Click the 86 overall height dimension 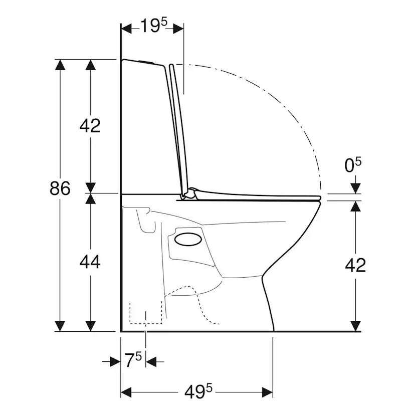60,188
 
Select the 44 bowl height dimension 90,262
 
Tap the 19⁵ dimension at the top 154,26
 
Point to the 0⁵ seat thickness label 353,165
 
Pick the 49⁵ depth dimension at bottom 198,391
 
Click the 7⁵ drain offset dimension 133,360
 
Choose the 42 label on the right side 355,265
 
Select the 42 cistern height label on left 90,126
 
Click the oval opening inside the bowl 188,239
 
